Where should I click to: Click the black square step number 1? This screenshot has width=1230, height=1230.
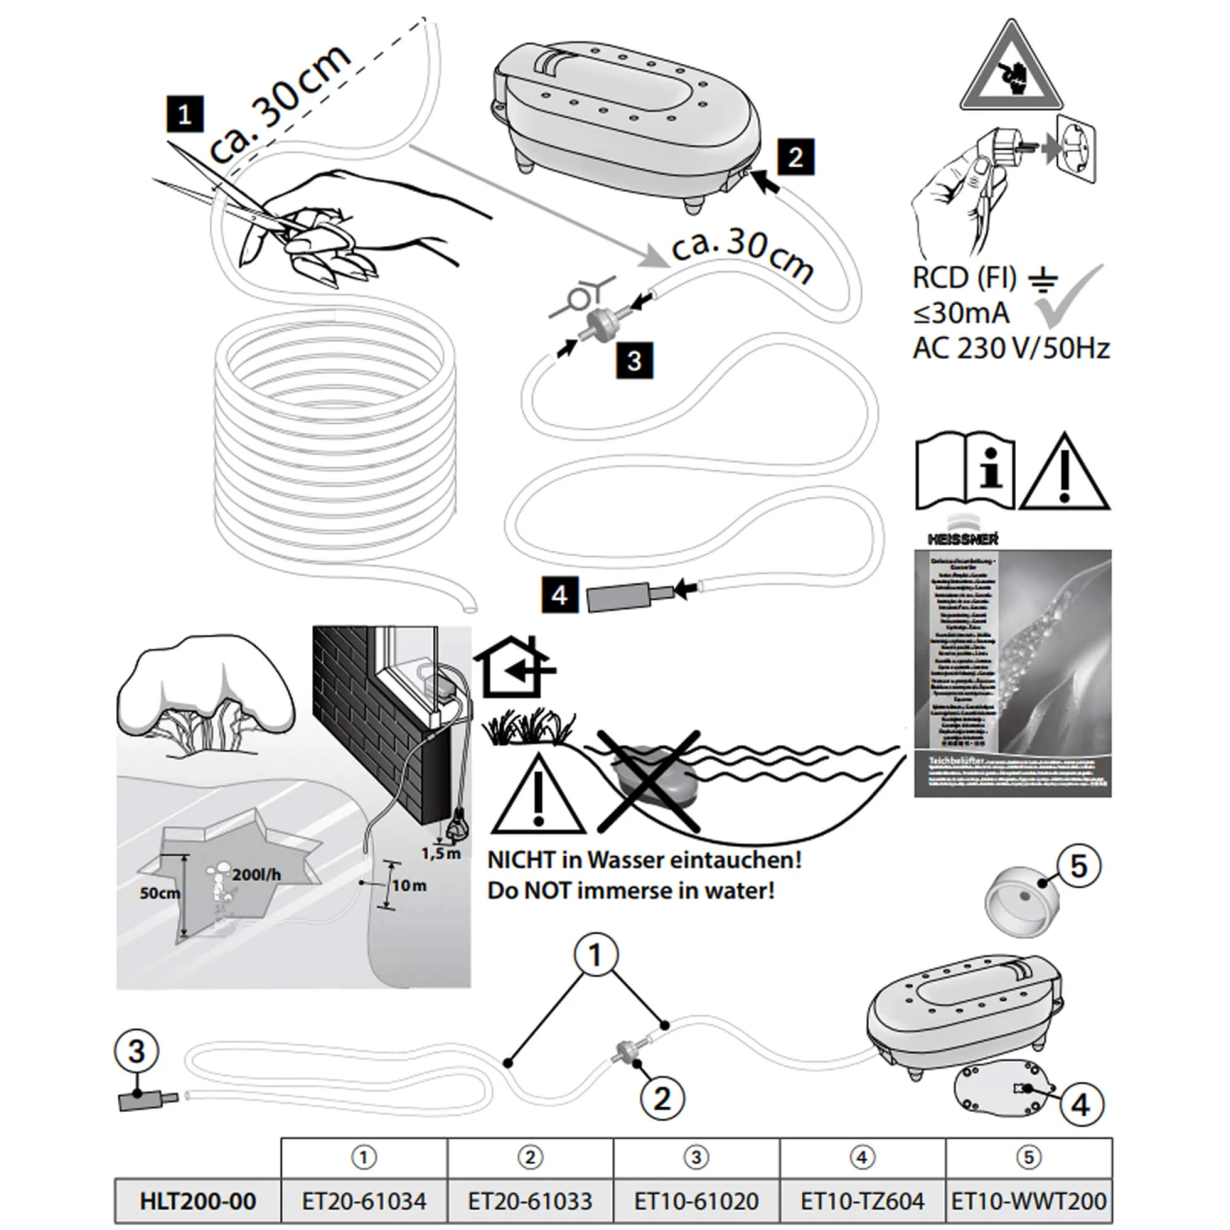point(184,114)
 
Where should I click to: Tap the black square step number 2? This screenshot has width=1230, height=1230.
point(795,157)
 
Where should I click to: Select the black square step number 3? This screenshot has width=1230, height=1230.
point(634,361)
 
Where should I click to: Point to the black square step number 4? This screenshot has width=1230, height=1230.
point(559,594)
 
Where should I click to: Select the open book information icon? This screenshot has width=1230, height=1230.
point(964,473)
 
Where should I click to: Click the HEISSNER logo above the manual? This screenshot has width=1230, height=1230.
point(963,538)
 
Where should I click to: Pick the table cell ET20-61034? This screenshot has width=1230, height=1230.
point(364,1201)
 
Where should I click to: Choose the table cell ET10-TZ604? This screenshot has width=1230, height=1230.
point(862,1201)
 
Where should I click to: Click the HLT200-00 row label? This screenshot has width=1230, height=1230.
point(198,1201)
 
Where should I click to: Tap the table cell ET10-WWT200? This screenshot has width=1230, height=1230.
point(1029,1201)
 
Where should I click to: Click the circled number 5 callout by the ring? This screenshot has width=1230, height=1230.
point(1078,866)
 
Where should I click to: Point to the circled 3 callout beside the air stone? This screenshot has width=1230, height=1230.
point(136,1052)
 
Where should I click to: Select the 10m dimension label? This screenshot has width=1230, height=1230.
point(408,886)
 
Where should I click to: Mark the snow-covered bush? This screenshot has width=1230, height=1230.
point(205,697)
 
